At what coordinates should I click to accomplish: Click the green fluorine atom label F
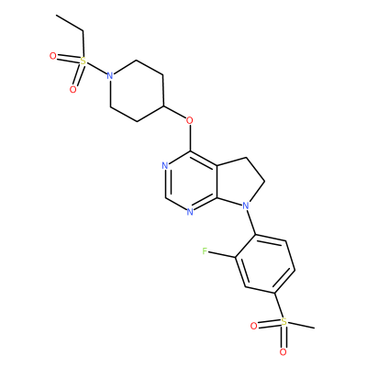pos(205,251)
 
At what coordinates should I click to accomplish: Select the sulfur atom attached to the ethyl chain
pos(83,61)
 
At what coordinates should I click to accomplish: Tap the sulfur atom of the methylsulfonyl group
pos(284,322)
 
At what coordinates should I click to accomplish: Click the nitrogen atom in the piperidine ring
pos(110,75)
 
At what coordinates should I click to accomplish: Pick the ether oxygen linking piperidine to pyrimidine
pos(190,120)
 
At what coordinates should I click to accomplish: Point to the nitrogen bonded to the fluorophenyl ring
pos(245,206)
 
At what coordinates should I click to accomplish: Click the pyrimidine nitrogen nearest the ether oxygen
pos(165,166)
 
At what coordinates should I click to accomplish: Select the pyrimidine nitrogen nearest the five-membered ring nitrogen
pos(190,211)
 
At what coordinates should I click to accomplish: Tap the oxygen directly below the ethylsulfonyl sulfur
pos(72,89)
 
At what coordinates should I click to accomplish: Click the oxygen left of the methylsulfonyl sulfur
pos(253,327)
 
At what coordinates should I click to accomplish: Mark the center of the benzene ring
pos(264,264)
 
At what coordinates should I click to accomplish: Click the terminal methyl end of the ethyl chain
pos(57,15)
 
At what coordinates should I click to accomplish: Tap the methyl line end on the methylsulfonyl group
pos(314,328)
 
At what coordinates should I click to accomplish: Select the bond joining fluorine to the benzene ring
pos(222,255)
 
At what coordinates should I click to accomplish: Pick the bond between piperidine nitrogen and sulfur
pos(96,68)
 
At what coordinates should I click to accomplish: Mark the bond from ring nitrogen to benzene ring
pos(251,223)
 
